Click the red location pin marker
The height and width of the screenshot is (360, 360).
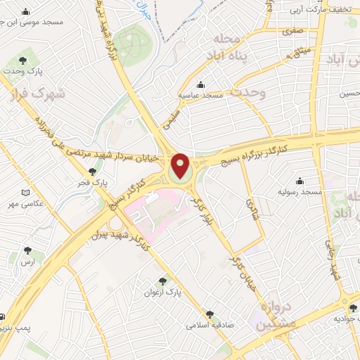(181, 166)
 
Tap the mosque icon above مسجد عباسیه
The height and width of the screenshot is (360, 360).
(201, 84)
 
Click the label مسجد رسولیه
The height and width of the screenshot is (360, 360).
(300, 191)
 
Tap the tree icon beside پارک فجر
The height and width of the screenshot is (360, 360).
(92, 172)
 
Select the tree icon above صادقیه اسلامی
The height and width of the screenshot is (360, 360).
(210, 314)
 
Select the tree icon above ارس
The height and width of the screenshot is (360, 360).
(27, 250)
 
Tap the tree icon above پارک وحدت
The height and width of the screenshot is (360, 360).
(25, 60)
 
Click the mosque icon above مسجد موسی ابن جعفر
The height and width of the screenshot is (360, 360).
(26, 12)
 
